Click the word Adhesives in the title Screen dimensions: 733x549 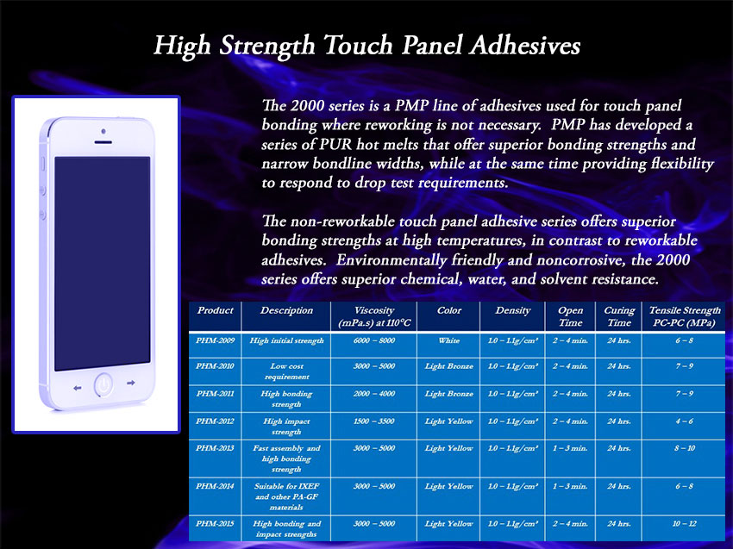[x=525, y=46]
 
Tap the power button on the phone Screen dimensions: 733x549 [x=103, y=385]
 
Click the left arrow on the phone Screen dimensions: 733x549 [x=78, y=388]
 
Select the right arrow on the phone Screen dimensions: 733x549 [x=131, y=383]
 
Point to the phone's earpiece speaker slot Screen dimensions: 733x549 [x=103, y=141]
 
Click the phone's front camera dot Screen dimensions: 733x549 [x=103, y=131]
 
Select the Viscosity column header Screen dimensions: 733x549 [x=374, y=316]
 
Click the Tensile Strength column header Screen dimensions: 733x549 [x=685, y=316]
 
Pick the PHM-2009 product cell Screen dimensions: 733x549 [x=215, y=340]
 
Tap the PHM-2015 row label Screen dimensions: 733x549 [x=215, y=524]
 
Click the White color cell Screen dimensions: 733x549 [x=448, y=340]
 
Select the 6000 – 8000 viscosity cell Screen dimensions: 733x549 [x=374, y=340]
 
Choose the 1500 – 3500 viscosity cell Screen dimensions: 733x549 [x=374, y=421]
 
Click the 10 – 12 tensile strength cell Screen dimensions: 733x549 [x=685, y=524]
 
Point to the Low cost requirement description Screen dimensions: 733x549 [x=286, y=371]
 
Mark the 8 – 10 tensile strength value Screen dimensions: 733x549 [x=685, y=448]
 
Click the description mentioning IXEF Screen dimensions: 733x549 [x=286, y=496]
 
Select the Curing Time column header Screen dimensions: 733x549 [x=619, y=316]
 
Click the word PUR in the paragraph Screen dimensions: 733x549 [x=335, y=144]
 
